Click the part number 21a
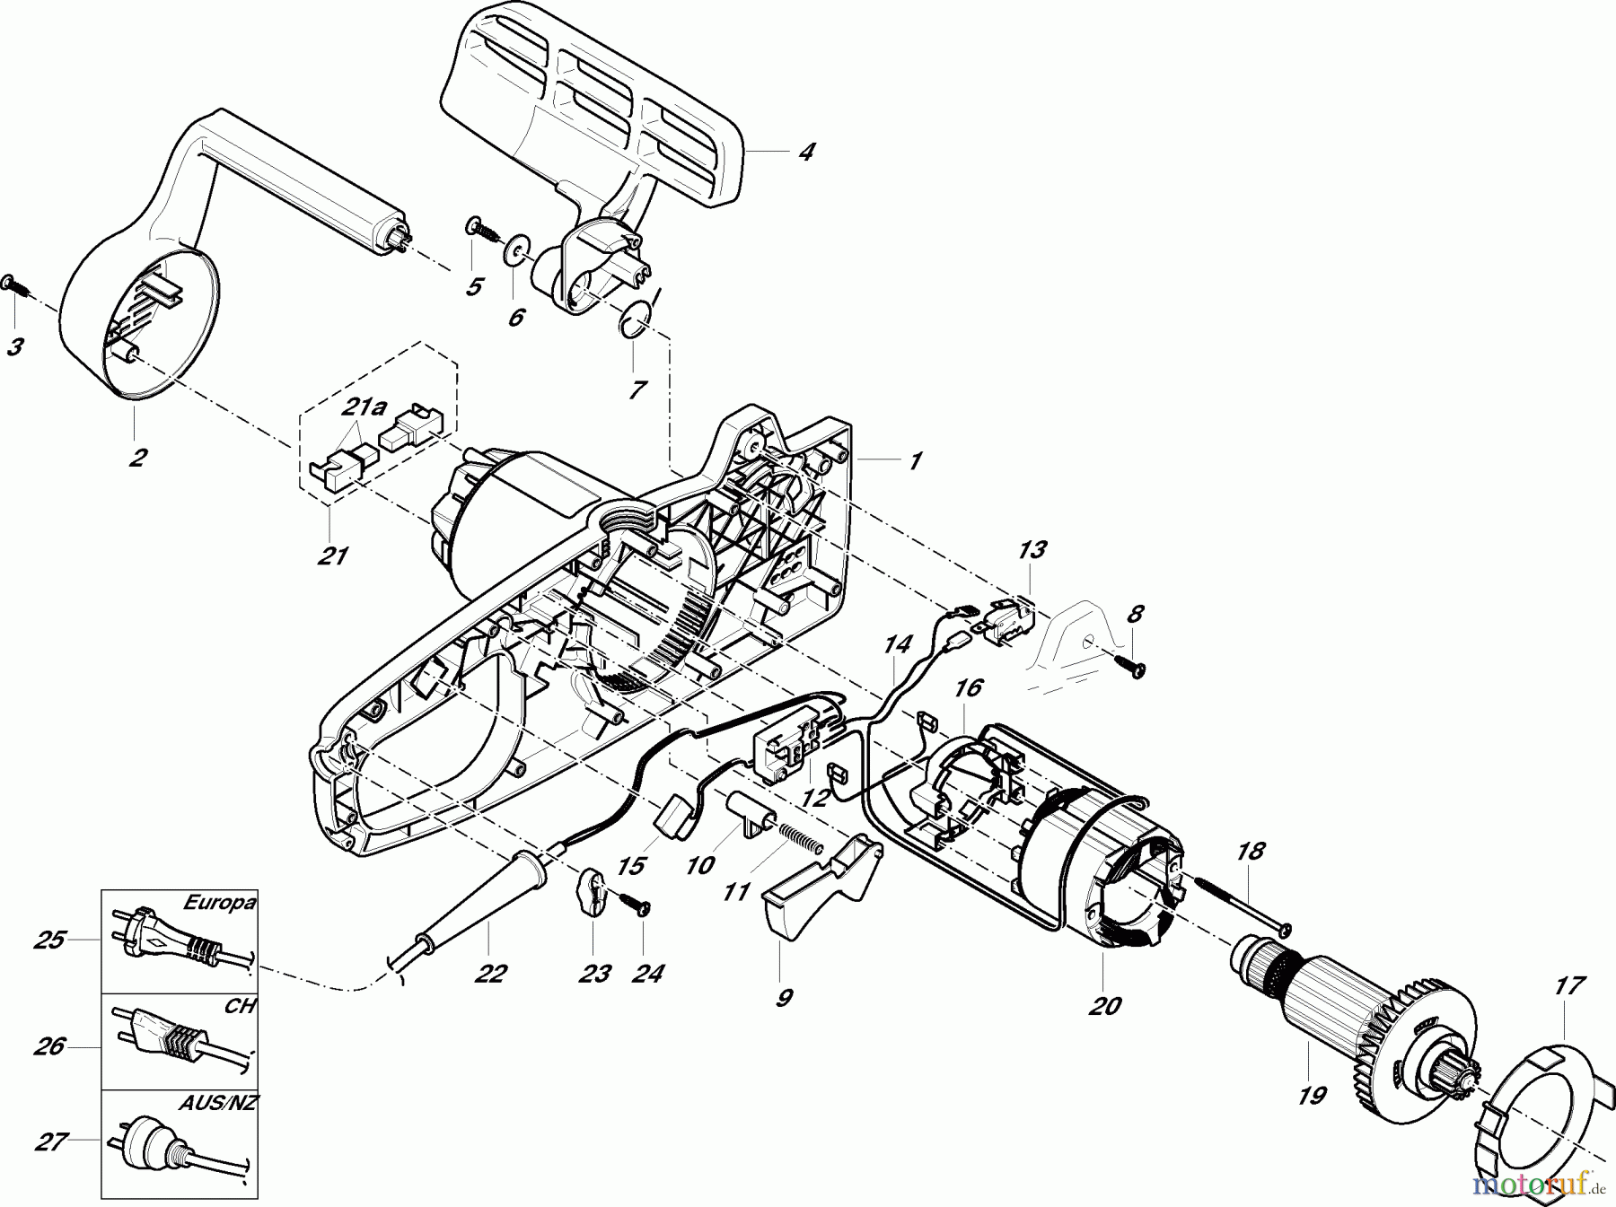(x=364, y=409)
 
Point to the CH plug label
(x=239, y=1006)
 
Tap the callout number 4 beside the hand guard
(x=806, y=152)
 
